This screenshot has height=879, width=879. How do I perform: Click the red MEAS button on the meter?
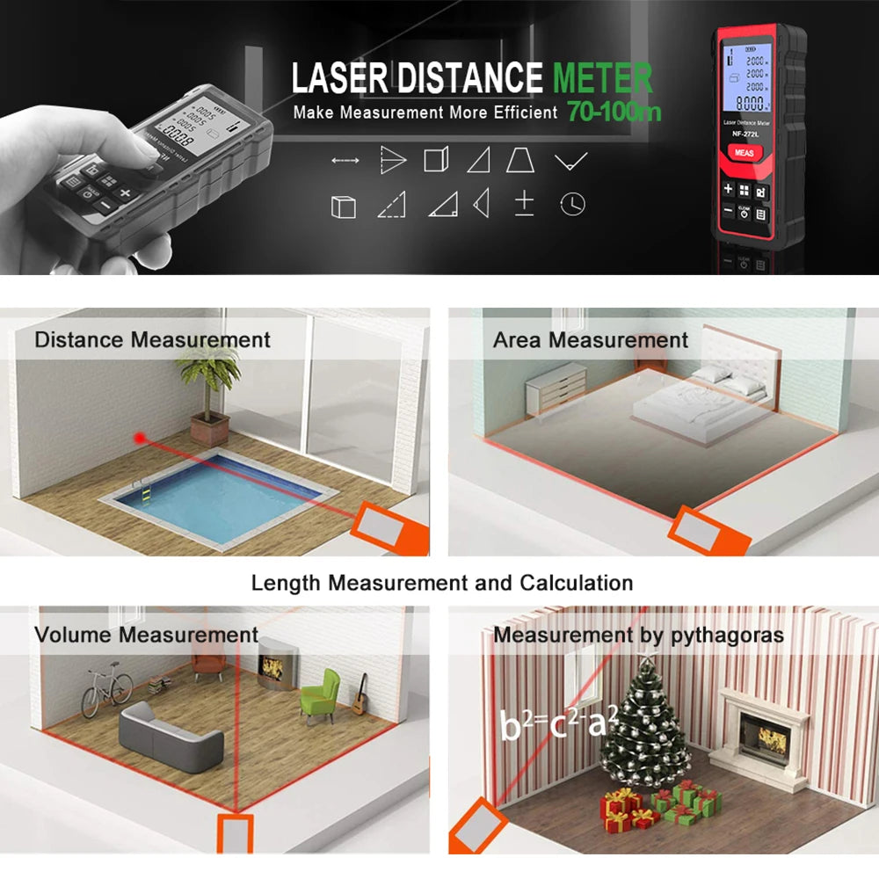pos(743,152)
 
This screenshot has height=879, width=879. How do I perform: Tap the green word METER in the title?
pos(602,78)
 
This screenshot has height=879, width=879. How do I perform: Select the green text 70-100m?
pos(614,112)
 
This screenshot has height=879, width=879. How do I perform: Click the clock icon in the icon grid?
pos(572,204)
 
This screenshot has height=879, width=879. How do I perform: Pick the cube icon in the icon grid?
pos(343,207)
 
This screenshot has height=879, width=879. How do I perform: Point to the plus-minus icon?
pos(524,203)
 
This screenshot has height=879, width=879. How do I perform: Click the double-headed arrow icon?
pos(345,161)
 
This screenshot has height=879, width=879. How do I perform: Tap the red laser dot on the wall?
pos(138,436)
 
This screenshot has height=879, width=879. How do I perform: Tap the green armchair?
pos(321,694)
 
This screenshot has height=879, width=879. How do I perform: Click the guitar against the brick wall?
pos(360,694)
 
